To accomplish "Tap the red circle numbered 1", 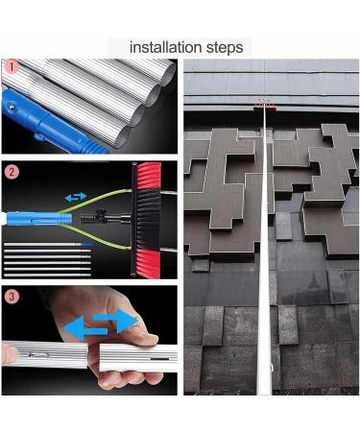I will tap(12, 67).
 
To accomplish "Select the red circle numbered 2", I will tap(12, 173).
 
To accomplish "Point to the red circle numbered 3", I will tap(12, 297).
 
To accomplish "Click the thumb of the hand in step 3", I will tap(134, 336).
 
